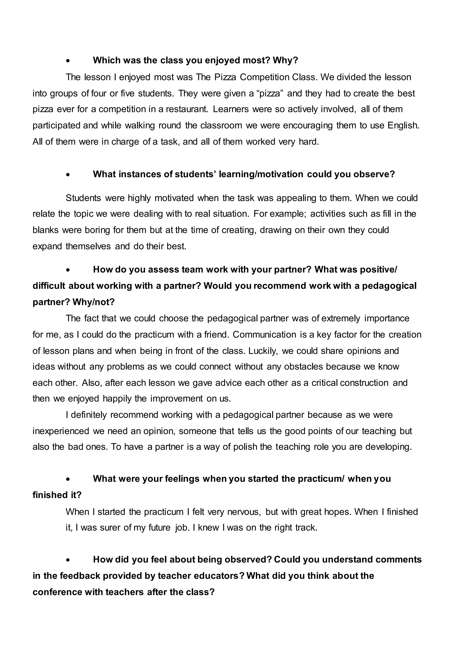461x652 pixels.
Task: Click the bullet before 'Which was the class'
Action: [68, 61]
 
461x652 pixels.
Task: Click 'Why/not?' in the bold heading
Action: [93, 302]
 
